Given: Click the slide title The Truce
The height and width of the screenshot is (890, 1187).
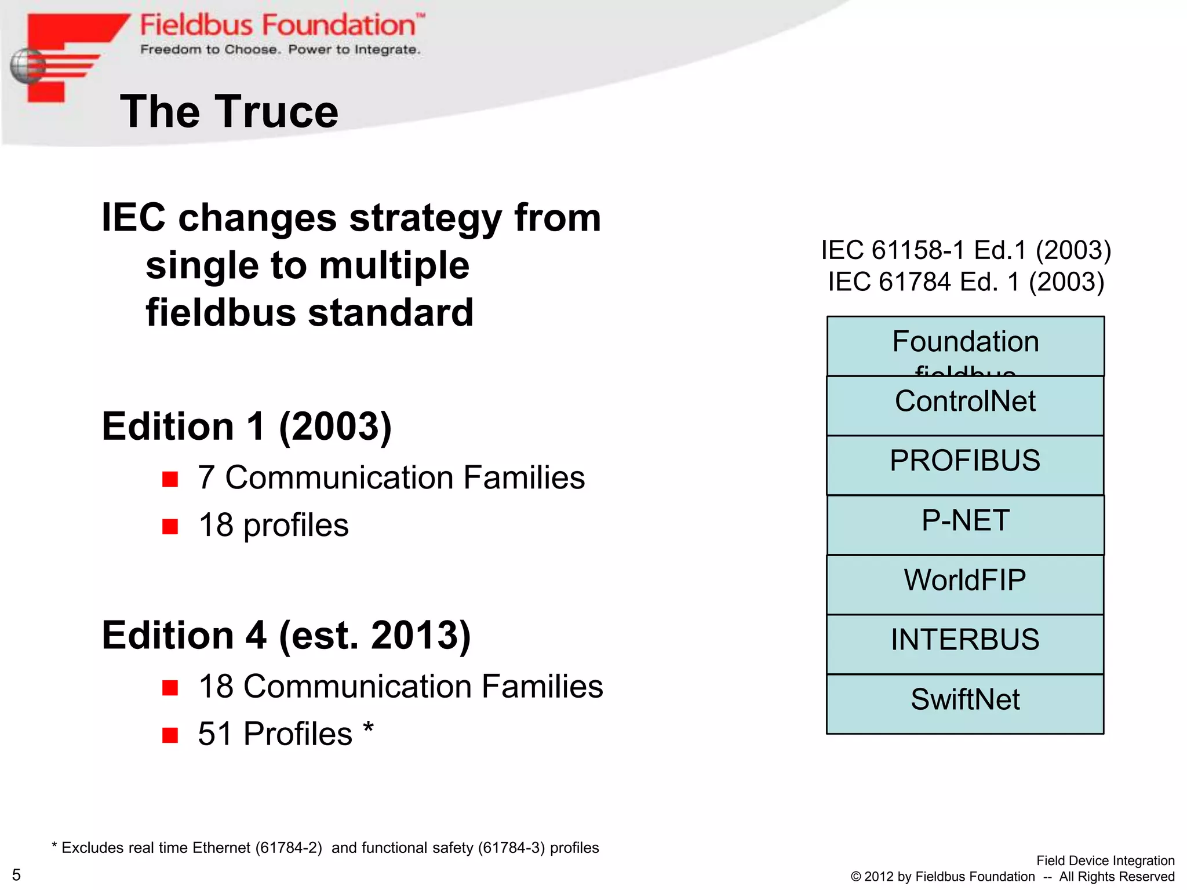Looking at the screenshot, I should tap(229, 112).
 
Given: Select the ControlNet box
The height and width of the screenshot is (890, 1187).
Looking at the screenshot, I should tap(965, 405).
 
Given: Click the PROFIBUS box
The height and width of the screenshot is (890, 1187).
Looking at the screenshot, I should tap(965, 465).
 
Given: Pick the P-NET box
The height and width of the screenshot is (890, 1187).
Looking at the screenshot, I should tap(965, 524).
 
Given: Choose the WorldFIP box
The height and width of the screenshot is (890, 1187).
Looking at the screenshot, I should tap(965, 584).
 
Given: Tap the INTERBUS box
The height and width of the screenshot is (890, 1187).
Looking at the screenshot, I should tap(965, 644).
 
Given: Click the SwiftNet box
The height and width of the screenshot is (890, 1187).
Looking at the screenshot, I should tap(965, 703).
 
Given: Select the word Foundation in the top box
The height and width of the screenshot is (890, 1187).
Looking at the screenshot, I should tap(965, 341).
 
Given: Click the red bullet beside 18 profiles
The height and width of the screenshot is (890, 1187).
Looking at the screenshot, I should tap(170, 526).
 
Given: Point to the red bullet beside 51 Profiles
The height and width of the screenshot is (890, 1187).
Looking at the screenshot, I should tap(170, 735).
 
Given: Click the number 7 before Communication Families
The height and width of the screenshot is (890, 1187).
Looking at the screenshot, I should tap(206, 478).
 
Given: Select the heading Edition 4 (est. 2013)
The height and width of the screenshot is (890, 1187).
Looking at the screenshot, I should tap(286, 636).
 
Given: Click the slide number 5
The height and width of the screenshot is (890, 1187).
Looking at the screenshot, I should tap(16, 874).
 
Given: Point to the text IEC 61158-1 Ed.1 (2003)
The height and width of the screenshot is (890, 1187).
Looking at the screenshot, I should tap(966, 250).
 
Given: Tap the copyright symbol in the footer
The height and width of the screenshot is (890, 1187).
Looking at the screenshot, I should tap(855, 877).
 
